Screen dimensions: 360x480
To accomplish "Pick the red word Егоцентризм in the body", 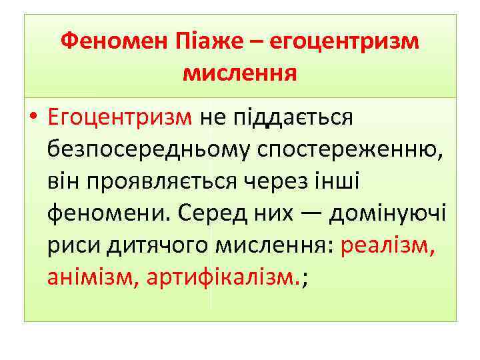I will point(120,118).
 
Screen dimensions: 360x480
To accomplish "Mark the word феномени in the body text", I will point(106,215).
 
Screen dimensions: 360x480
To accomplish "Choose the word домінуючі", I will point(388,215).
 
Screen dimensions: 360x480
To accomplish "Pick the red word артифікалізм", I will point(221,279).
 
